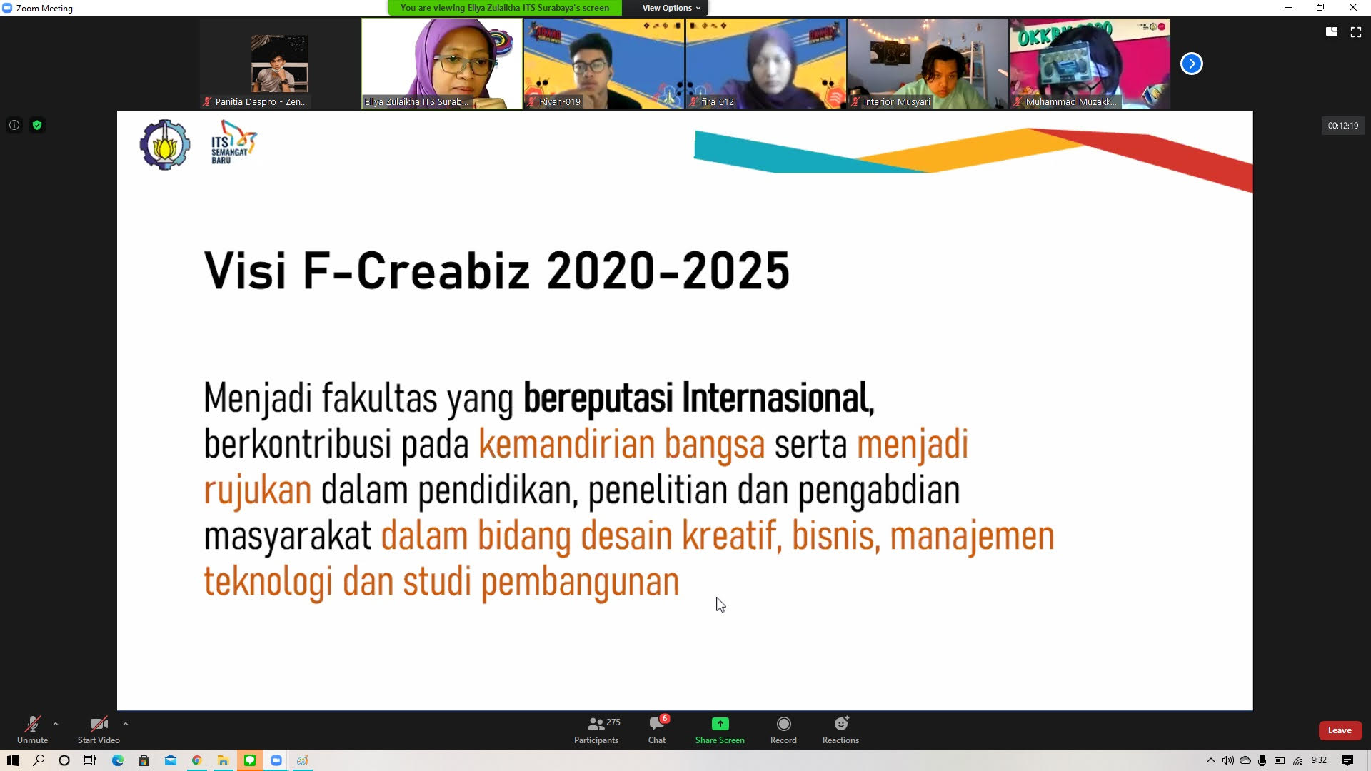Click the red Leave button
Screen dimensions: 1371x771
tap(1340, 730)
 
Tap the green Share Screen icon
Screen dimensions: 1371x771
tap(720, 724)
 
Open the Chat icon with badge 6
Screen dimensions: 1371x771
tap(657, 723)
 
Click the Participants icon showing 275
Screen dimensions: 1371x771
tap(596, 724)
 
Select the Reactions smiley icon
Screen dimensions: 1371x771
tap(841, 723)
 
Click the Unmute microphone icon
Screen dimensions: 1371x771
tap(32, 724)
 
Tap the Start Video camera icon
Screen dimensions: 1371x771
tap(99, 724)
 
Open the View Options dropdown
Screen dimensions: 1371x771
tap(671, 8)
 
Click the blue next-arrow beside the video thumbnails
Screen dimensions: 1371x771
tap(1191, 64)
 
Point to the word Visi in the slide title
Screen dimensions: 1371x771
tap(245, 271)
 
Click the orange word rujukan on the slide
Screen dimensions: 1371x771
tap(258, 491)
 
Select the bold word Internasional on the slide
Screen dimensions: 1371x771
tap(778, 398)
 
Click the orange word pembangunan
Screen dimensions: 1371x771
tap(580, 583)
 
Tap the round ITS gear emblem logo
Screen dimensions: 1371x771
tap(165, 144)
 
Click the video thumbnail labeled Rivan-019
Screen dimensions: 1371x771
tap(603, 64)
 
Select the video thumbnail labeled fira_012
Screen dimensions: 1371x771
tap(765, 64)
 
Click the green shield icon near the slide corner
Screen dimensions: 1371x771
tap(37, 125)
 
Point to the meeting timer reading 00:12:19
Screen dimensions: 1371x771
tap(1343, 126)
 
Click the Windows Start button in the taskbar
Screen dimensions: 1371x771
tap(12, 760)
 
